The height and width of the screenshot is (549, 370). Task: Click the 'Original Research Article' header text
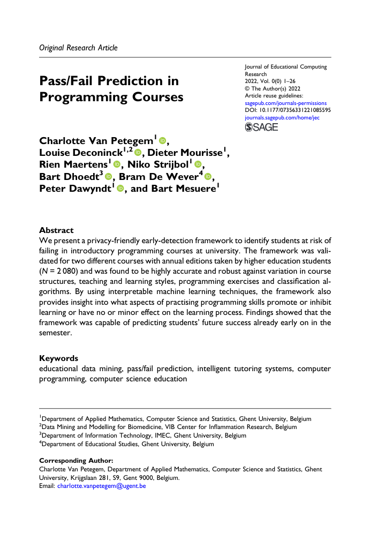click(x=78, y=48)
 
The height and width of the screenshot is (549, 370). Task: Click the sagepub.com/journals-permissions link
click(x=285, y=103)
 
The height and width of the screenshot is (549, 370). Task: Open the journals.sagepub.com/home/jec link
click(x=282, y=117)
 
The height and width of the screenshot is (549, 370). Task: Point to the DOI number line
click(x=288, y=110)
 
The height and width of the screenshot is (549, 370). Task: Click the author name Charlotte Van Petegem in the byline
click(x=96, y=141)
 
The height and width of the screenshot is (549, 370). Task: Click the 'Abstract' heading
click(x=57, y=230)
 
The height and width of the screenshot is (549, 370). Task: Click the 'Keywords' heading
click(x=59, y=358)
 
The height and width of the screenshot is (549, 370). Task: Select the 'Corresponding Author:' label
click(x=77, y=461)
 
